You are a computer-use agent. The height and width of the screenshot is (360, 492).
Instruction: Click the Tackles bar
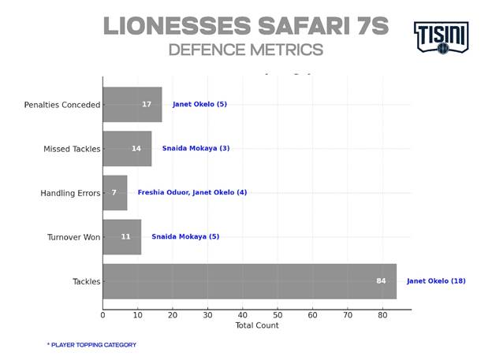(237, 281)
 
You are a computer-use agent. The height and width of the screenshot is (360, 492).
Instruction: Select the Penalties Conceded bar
(126, 104)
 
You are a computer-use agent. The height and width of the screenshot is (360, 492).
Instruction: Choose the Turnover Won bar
(118, 236)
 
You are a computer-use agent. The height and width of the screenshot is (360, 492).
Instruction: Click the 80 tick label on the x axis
(382, 315)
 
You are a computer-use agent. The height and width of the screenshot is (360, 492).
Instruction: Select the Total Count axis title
(256, 325)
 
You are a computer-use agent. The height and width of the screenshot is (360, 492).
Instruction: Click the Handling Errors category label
(70, 193)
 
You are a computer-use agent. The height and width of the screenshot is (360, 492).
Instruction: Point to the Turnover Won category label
(73, 237)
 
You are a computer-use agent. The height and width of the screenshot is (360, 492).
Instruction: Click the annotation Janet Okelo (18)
(436, 281)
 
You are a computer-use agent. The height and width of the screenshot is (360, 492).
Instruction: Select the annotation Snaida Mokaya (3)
(196, 148)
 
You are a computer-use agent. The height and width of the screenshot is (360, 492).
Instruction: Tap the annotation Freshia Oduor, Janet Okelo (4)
(192, 192)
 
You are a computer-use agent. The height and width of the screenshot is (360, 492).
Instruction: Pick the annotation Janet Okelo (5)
(199, 104)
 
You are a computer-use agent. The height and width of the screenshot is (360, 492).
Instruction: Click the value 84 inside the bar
(381, 281)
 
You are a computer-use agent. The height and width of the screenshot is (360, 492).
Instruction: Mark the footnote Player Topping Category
(91, 345)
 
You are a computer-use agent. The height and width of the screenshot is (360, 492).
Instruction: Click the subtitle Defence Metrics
(245, 50)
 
